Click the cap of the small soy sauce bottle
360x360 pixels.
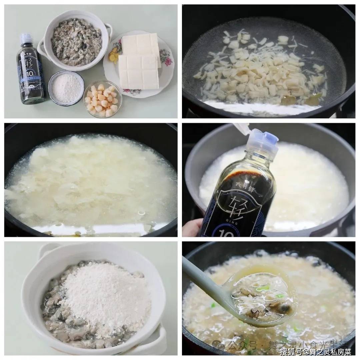26,39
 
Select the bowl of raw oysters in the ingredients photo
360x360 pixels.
76,42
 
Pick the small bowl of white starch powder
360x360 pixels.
66,88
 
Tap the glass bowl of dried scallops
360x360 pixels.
102,99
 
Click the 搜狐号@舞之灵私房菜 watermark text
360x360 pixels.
315,351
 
